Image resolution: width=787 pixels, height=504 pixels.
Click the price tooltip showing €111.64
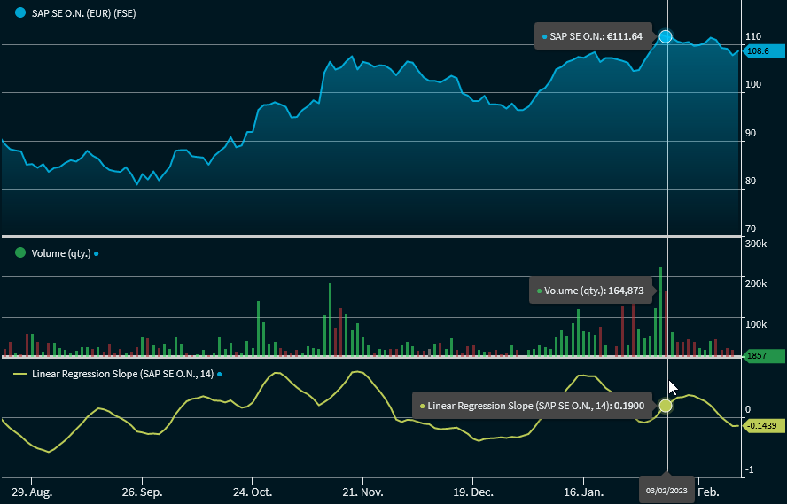595,36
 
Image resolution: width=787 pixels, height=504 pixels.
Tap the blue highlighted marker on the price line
666,36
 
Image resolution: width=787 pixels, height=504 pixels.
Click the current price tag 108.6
760,51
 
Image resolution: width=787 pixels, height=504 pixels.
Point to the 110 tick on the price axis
753,36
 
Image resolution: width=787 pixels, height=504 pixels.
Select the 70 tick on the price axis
752,229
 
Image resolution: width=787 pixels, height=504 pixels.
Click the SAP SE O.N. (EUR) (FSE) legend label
83,14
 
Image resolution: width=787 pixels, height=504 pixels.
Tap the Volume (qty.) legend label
61,253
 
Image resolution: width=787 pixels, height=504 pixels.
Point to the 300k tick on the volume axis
756,244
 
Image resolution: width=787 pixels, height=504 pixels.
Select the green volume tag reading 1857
762,356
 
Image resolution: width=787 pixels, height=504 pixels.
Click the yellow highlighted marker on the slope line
666,406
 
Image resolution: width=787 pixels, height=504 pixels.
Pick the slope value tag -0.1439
762,426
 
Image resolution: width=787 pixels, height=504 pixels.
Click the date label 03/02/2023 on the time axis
666,491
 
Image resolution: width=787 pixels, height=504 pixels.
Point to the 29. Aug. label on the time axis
31,491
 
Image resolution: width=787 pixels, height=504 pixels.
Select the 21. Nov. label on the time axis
362,491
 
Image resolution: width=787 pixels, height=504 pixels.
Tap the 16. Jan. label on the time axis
583,491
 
